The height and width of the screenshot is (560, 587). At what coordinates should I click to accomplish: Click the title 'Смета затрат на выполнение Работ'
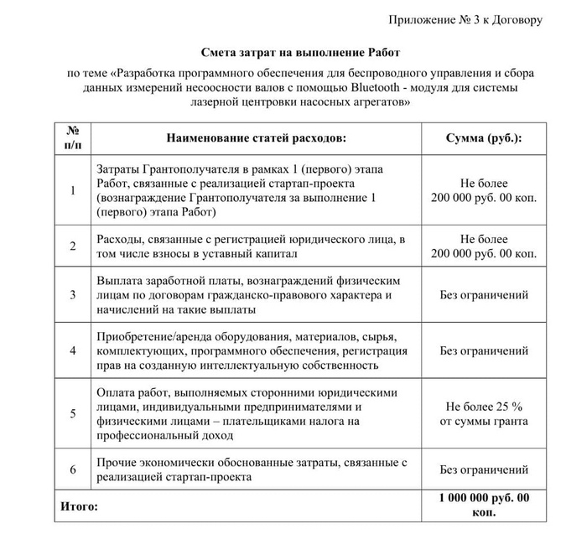[x=293, y=51]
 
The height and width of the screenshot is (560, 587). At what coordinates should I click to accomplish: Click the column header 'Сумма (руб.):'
[x=483, y=137]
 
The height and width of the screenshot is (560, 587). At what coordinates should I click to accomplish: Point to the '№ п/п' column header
[x=73, y=137]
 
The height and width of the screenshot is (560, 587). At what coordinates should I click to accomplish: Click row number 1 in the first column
[x=73, y=191]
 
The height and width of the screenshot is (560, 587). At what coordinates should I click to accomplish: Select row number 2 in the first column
[x=73, y=246]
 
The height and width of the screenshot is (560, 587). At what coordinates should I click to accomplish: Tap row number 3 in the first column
[x=73, y=295]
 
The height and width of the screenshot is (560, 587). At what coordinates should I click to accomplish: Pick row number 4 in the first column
[x=73, y=350]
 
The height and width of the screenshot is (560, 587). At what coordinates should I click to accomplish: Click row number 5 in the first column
[x=73, y=413]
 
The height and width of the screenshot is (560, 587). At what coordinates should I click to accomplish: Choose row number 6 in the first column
[x=73, y=470]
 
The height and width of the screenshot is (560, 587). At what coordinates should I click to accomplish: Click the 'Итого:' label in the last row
[x=80, y=506]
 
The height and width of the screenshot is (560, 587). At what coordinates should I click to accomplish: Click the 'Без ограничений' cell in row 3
[x=484, y=295]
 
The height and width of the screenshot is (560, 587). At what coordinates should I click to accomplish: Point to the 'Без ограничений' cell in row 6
[x=484, y=470]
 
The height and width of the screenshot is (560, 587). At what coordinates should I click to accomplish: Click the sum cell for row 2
[x=484, y=246]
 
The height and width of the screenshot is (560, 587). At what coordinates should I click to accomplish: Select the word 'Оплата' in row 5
[x=116, y=392]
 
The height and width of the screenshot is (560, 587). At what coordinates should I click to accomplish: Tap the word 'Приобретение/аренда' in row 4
[x=149, y=336]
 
